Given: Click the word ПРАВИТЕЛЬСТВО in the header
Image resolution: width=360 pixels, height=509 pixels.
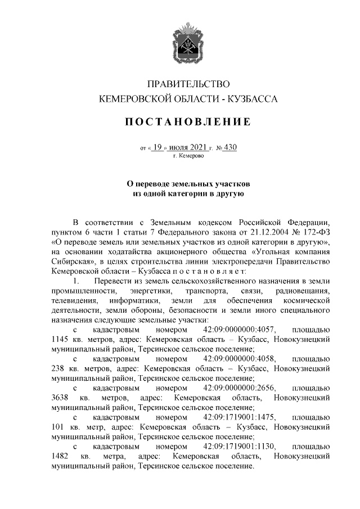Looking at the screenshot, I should click(188, 84).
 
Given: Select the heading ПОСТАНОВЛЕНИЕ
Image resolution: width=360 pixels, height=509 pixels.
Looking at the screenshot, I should click(188, 122).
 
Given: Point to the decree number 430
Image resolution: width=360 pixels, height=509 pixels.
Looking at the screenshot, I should click(230, 148).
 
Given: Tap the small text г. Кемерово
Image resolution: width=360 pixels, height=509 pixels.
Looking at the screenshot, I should click(188, 156).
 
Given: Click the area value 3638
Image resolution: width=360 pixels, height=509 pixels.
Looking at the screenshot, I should click(60, 398).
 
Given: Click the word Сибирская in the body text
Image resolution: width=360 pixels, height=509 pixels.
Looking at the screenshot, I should click(69, 262).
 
